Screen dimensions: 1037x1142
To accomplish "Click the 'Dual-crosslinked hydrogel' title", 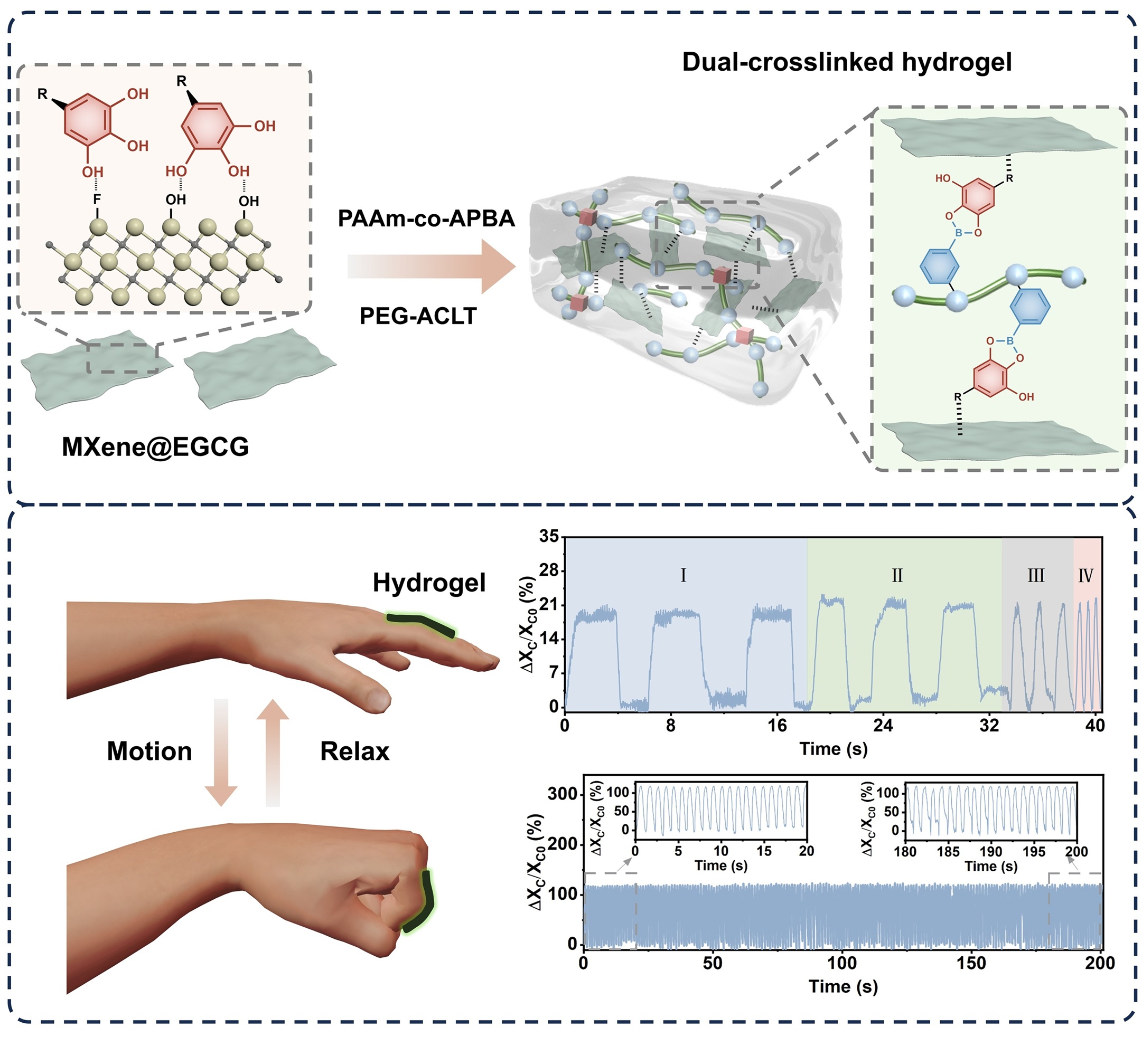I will coord(846,62).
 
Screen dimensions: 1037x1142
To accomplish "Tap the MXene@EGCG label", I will coord(155,446).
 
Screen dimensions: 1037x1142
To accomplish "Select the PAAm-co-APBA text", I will coord(426,218).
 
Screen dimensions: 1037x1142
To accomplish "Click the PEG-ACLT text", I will coord(418,316).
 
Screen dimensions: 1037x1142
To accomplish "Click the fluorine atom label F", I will coord(97,200).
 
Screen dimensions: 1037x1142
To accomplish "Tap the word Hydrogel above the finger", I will coord(429,583).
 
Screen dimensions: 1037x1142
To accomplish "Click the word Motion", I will coord(149,751).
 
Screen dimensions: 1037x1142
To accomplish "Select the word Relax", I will coord(354,751).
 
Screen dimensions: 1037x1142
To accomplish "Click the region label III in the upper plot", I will coord(1035,576).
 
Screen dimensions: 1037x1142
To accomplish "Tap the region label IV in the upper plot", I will coord(1085,576).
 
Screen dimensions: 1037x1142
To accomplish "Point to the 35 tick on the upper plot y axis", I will coord(549,536).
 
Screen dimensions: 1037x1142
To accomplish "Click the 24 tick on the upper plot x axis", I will coord(883,725).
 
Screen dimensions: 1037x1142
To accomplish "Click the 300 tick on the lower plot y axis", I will coord(562,794).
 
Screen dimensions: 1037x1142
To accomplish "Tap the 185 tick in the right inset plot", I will coord(948,851).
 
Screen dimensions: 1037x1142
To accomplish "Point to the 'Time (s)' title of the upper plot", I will coord(834,749).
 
